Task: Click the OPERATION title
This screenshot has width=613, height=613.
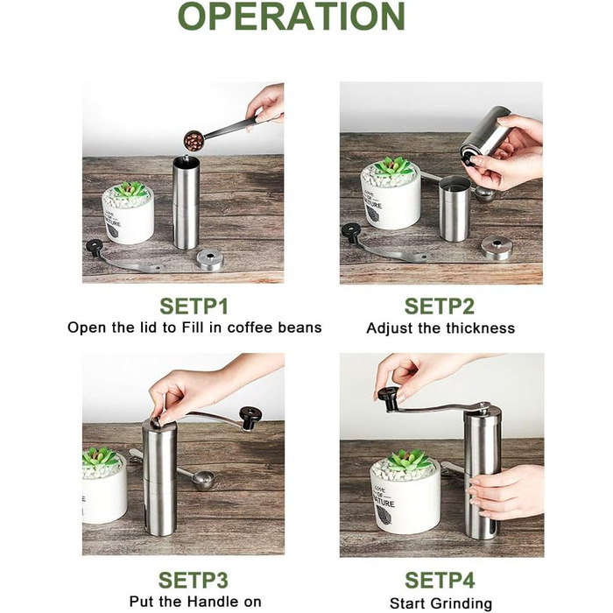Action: (292, 17)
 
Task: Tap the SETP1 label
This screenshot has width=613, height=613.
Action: (194, 306)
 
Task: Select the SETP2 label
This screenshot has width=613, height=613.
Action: (440, 306)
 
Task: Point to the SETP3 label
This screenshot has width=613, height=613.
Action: (194, 580)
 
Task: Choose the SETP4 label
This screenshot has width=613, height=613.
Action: (440, 580)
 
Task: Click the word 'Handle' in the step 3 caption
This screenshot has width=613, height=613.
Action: (213, 602)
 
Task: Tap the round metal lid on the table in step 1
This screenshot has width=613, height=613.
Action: (209, 259)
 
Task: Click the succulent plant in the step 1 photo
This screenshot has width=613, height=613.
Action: (130, 190)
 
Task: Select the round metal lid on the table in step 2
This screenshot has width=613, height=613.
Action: (497, 247)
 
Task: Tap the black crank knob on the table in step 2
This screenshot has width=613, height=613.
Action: (351, 232)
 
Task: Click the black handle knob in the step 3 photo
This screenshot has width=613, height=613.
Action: (250, 418)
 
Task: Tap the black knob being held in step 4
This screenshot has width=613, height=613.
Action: (389, 398)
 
